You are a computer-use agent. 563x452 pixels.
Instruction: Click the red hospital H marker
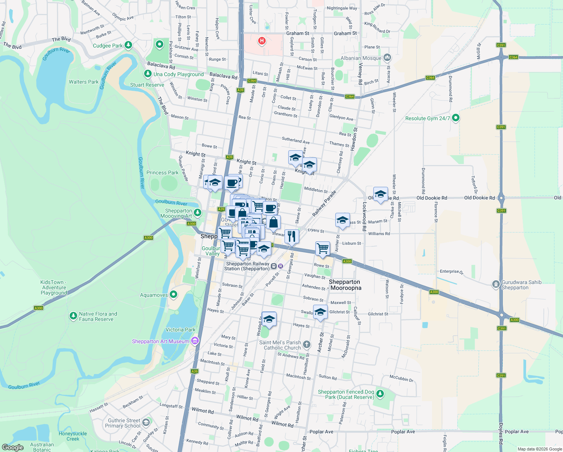pyautogui.click(x=262, y=41)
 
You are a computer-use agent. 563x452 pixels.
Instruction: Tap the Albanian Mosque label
pyautogui.click(x=361, y=58)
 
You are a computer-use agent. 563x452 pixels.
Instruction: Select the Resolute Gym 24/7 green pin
pyautogui.click(x=456, y=118)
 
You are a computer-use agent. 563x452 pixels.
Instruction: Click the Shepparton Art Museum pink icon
pyautogui.click(x=195, y=341)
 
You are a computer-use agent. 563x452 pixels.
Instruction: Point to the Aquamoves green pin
pyautogui.click(x=173, y=295)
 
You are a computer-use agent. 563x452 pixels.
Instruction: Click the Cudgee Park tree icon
pyautogui.click(x=128, y=45)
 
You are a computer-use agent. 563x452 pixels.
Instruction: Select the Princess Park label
pyautogui.click(x=162, y=173)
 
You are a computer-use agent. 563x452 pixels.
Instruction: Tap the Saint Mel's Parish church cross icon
pyautogui.click(x=307, y=344)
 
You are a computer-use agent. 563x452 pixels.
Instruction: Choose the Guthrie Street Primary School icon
pyautogui.click(x=146, y=422)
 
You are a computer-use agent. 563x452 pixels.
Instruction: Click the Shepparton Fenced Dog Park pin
pyautogui.click(x=380, y=394)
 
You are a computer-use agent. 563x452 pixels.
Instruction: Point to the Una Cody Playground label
pyautogui.click(x=178, y=74)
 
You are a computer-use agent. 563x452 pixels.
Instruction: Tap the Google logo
pyautogui.click(x=12, y=447)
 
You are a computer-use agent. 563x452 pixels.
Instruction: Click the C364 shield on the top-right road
pyautogui.click(x=513, y=57)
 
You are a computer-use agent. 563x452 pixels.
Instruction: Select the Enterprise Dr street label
pyautogui.click(x=451, y=271)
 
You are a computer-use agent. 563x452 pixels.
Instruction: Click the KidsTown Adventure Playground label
pyautogui.click(x=54, y=287)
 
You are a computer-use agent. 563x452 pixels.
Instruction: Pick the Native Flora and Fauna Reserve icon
pyautogui.click(x=73, y=316)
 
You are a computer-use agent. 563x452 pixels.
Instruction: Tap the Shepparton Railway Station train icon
pyautogui.click(x=274, y=266)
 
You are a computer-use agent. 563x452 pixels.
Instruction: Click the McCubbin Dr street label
pyautogui.click(x=402, y=378)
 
